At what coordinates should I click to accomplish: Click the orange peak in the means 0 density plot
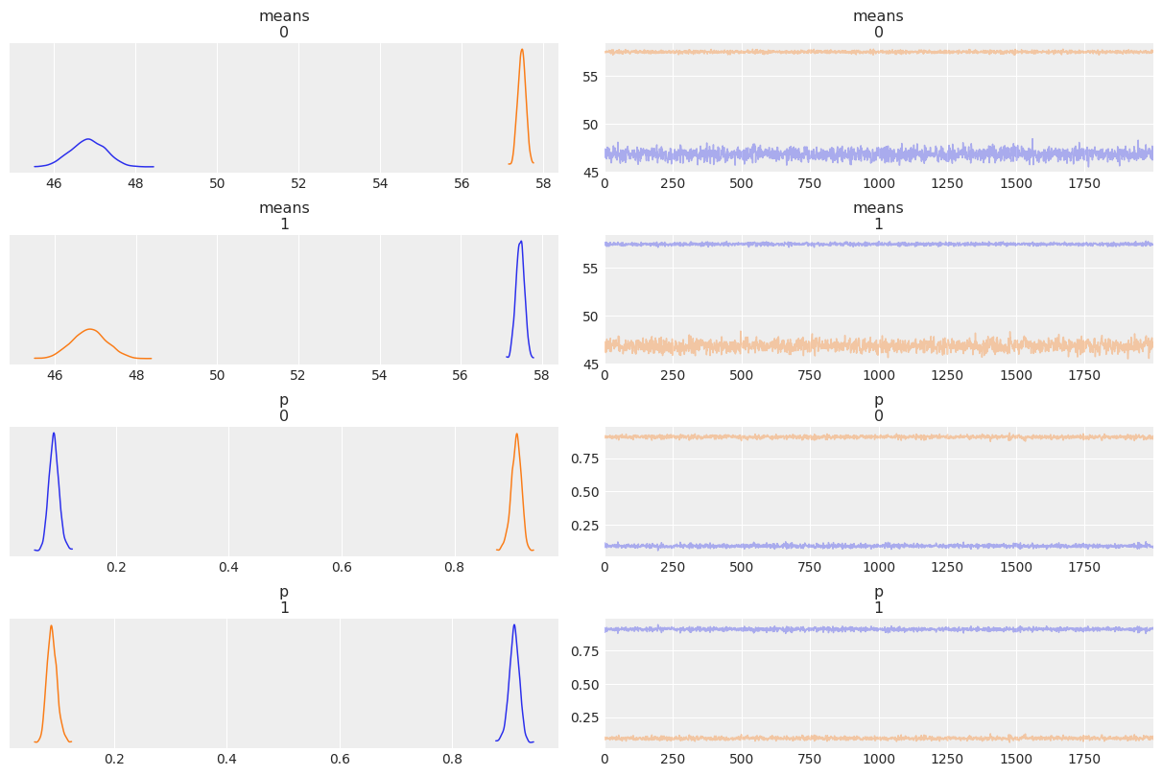point(522,50)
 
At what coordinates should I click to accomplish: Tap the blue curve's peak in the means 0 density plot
point(88,139)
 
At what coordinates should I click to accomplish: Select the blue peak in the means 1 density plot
point(521,242)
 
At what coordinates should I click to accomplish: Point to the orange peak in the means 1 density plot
point(89,329)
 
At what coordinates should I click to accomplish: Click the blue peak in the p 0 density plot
point(54,434)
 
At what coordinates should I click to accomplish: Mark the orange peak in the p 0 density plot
point(516,434)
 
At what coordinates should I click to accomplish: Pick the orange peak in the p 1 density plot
point(51,626)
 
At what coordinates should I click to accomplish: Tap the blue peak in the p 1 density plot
point(514,625)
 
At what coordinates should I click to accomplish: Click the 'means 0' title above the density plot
point(284,24)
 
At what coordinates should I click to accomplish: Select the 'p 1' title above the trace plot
point(878,600)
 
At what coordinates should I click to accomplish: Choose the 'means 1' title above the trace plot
point(878,216)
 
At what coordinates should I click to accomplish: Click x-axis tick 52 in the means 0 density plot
point(298,183)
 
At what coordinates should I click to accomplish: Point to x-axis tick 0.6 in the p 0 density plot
point(342,567)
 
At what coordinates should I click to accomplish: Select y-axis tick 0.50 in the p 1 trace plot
point(581,684)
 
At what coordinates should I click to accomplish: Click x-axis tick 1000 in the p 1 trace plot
point(878,759)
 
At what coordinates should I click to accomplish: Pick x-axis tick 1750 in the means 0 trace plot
point(1084,183)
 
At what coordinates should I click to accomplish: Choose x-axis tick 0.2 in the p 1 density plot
point(114,759)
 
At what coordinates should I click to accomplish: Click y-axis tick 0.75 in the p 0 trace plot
point(581,459)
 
